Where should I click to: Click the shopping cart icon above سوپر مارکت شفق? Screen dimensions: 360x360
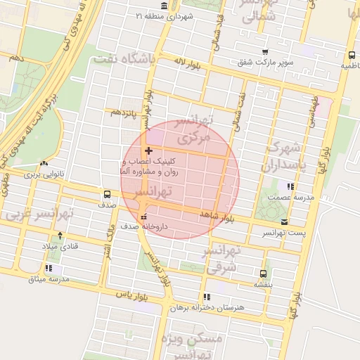pyautogui.click(x=264, y=52)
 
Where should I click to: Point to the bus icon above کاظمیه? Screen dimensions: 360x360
pyautogui.click(x=351, y=54)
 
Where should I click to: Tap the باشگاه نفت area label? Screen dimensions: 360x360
pyautogui.click(x=124, y=60)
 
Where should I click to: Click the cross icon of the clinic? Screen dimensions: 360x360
pyautogui.click(x=148, y=150)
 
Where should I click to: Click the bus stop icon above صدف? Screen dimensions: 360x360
pyautogui.click(x=107, y=194)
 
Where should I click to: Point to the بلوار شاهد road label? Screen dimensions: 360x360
pyautogui.click(x=215, y=214)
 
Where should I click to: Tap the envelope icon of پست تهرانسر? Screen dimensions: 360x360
pyautogui.click(x=284, y=221)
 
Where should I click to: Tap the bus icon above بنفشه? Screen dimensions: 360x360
pyautogui.click(x=264, y=274)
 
